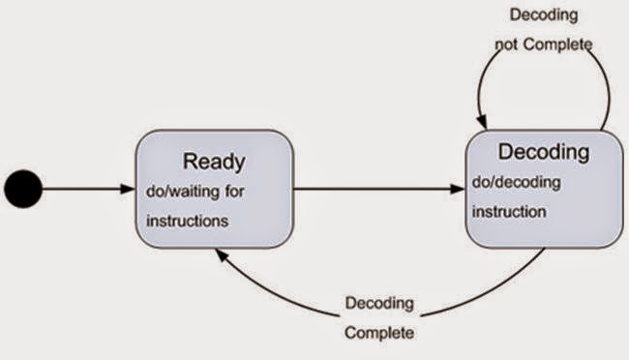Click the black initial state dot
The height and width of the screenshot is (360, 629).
23,189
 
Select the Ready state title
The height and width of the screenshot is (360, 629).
214,161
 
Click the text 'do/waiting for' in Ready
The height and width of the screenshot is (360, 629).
195,191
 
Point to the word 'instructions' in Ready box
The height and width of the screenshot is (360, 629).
188,221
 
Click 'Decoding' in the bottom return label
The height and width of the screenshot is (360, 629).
379,303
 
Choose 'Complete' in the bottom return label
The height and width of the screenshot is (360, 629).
379,333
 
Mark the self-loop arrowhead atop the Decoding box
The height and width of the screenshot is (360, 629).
481,121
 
